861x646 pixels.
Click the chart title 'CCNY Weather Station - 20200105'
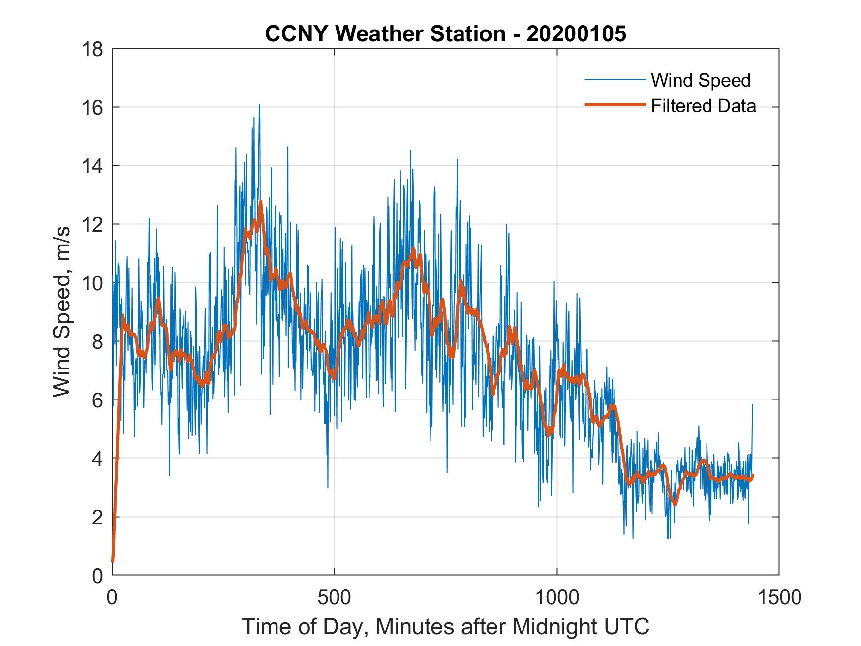pos(445,34)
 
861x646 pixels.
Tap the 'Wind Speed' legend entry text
pos(701,80)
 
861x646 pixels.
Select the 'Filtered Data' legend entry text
pos(703,106)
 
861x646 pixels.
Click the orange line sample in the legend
pos(615,105)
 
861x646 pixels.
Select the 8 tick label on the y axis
pos(97,341)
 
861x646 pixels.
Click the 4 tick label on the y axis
pos(97,459)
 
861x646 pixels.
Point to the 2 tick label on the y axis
pos(97,517)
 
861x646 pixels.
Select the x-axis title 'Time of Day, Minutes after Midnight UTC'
pos(445,626)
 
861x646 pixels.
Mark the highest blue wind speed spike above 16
pos(259,105)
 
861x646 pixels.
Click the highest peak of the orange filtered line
pos(261,202)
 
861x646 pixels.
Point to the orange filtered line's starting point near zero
pos(113,561)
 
